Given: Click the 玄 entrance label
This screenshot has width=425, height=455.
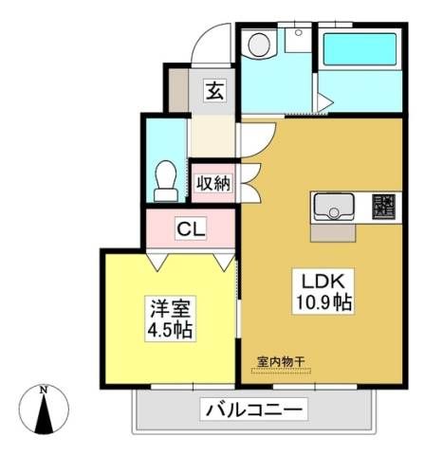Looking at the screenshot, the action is point(215,92).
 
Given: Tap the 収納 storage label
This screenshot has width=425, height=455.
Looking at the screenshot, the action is point(213,183).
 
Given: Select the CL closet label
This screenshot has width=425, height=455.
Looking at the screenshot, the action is point(191,228).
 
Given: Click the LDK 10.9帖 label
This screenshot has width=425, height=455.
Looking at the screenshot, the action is point(323,291).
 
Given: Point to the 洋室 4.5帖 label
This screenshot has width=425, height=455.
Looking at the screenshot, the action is point(171,318).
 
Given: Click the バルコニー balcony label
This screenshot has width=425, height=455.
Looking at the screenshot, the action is point(254,409).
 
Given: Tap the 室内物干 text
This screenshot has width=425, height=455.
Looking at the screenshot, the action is point(281,362).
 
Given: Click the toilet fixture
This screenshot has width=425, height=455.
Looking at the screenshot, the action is point(166,181).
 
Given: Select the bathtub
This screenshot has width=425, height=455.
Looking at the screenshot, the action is point(360,49).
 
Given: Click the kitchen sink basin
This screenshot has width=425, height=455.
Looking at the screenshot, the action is point(334,207).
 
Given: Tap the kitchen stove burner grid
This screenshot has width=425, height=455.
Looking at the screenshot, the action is point(383,206).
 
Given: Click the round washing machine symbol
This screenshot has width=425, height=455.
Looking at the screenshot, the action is point(259,45).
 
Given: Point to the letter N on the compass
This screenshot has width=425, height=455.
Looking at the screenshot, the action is point(44,390).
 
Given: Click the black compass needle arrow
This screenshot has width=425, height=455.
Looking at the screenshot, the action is point(44,414).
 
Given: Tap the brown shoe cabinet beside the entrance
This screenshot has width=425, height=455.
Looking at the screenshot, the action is point(178,90).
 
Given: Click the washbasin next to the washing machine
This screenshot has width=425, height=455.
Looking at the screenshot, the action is point(298,40).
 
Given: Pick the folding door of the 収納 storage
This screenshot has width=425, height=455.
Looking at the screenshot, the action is point(251,183).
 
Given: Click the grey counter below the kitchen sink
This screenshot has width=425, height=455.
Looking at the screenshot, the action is point(333,233).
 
